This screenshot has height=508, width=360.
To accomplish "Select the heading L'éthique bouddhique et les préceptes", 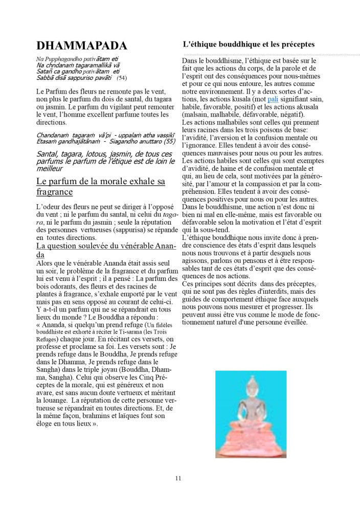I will (x=248, y=45).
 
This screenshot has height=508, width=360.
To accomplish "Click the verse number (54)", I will (x=122, y=78).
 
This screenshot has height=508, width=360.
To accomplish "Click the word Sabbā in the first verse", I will (x=45, y=78).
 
